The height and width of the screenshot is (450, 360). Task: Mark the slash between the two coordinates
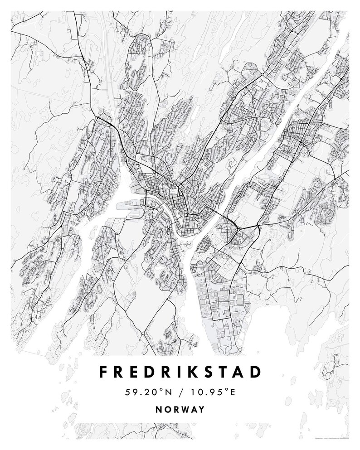tap(180, 392)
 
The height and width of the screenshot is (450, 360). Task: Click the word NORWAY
tap(180, 409)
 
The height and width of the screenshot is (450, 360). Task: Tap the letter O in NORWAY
tap(166, 409)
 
